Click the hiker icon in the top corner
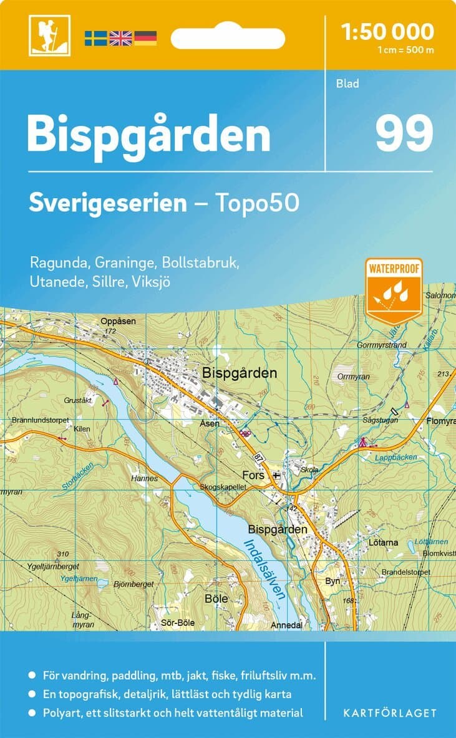(x=49, y=35)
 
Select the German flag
(x=145, y=37)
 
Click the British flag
(x=120, y=37)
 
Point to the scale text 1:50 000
(x=388, y=31)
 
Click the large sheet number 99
(x=404, y=133)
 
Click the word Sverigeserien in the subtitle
(x=108, y=203)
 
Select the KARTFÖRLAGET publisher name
(x=390, y=712)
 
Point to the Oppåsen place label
(x=118, y=321)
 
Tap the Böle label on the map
(x=216, y=598)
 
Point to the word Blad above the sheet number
(x=347, y=84)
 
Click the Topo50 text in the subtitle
(x=257, y=203)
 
